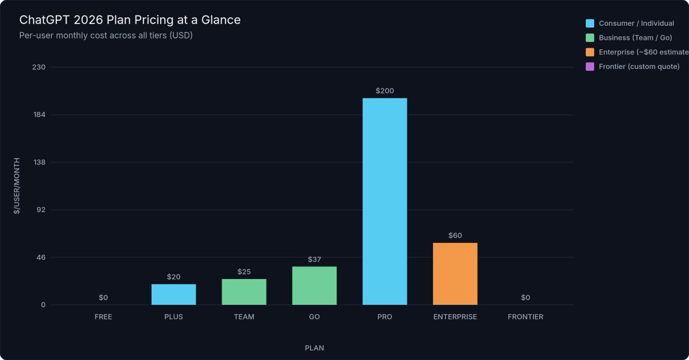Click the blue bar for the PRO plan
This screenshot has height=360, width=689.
coord(385,202)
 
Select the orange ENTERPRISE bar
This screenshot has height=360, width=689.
coord(455,274)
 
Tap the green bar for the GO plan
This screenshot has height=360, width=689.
coord(314,285)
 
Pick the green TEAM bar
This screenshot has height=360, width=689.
coord(244,292)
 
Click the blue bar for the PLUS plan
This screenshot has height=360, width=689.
coord(173,294)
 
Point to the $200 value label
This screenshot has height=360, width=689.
coord(385,91)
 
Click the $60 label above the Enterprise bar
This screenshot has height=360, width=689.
coord(455,235)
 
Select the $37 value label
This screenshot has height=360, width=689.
coord(314,260)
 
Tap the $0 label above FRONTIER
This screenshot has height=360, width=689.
coord(525,297)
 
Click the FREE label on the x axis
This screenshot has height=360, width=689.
coord(103,317)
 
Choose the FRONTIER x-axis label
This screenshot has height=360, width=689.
coord(525,317)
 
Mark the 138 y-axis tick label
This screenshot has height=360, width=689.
coord(40,162)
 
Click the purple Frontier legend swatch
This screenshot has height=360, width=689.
coord(590,67)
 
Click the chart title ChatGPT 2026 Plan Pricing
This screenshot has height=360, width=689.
coord(130,20)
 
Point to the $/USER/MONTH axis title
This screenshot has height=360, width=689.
coord(17,185)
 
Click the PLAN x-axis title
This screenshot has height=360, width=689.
coord(314,348)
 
